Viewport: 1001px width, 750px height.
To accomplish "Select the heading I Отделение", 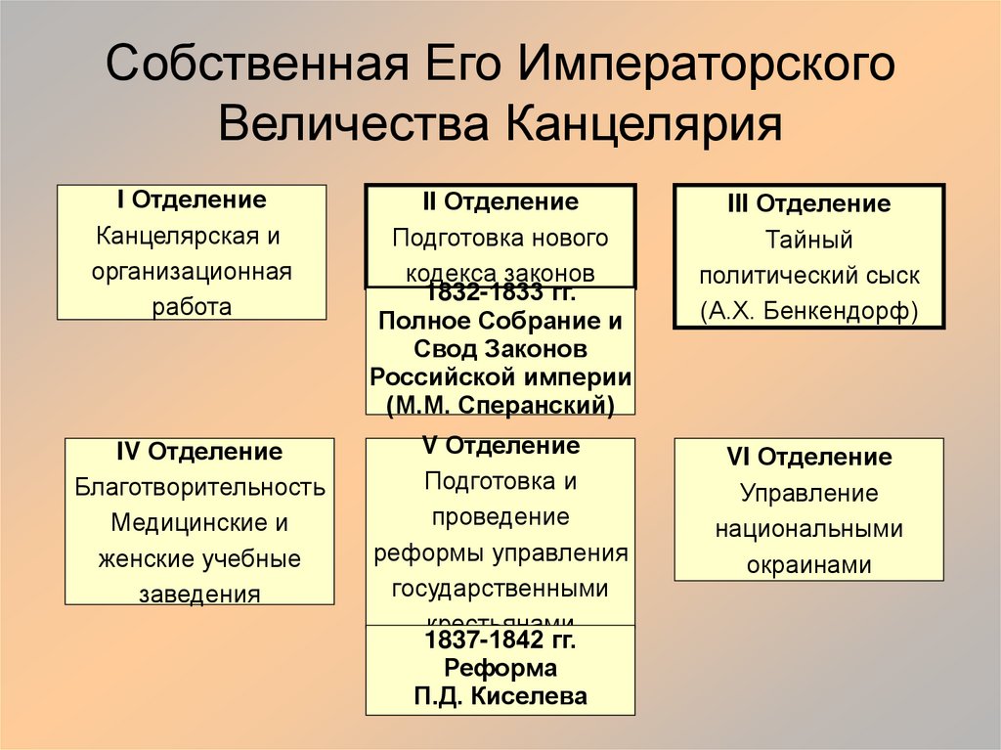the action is click(x=192, y=199).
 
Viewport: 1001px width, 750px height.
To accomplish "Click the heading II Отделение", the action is click(x=500, y=201).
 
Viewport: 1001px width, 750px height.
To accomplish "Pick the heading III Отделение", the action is click(x=808, y=203).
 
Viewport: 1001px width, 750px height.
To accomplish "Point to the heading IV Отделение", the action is click(x=199, y=452).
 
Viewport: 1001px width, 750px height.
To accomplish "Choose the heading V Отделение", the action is click(x=500, y=446).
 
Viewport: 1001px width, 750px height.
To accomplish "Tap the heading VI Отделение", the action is click(x=808, y=457).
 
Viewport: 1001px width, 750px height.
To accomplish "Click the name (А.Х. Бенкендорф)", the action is click(x=808, y=311).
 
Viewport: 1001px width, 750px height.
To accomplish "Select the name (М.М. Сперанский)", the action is click(x=500, y=404).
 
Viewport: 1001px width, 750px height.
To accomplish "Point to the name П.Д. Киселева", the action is click(x=500, y=696).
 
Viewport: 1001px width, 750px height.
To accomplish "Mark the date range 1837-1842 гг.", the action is click(x=500, y=641).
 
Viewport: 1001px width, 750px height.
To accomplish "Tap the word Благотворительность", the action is click(x=199, y=487).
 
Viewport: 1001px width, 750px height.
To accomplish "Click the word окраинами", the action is click(x=808, y=565).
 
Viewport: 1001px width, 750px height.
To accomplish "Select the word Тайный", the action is click(x=808, y=240).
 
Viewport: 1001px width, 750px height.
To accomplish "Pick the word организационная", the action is click(x=192, y=271).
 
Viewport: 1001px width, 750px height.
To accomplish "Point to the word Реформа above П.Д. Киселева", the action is click(x=500, y=669).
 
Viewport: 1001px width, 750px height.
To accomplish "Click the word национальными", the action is click(x=808, y=529).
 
